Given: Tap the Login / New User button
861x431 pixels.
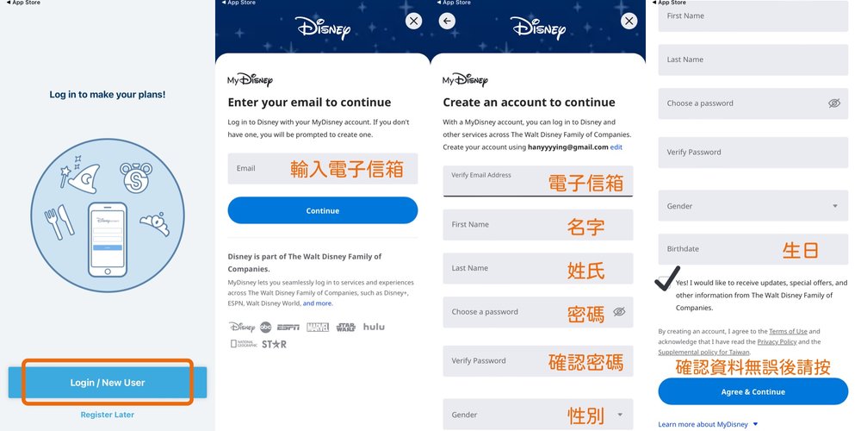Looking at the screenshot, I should [108, 382].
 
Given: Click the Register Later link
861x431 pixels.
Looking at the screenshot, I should [108, 415].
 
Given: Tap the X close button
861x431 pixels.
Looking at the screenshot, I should [413, 21].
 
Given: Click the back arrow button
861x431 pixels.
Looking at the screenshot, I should [447, 21].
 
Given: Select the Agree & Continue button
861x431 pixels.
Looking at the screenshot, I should [753, 391].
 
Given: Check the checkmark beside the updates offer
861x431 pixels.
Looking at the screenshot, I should [666, 279].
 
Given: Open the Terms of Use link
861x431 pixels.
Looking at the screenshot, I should [788, 331].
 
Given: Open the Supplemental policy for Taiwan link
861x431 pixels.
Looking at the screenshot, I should [703, 353].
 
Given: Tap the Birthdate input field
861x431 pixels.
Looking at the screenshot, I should [753, 249].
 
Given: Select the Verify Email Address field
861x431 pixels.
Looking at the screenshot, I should [537, 181].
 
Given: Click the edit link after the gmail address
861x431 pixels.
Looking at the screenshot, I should [616, 147].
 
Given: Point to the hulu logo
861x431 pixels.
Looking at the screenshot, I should [374, 327].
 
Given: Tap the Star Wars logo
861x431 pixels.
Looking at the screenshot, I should [345, 327].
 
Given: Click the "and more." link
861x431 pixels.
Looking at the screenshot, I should [317, 303].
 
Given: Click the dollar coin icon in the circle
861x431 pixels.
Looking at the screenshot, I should [136, 178].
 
